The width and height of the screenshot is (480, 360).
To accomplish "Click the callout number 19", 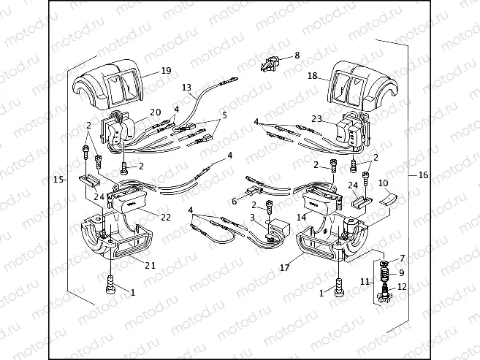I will (166, 71).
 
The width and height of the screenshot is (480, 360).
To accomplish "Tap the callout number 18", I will (312, 76).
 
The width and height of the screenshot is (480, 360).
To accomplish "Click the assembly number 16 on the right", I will (423, 175).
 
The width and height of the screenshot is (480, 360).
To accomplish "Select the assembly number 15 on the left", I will (57, 179).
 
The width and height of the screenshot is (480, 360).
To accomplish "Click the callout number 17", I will (284, 267).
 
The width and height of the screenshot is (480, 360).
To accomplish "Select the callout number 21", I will (149, 264).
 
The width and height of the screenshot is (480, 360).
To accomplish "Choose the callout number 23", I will (316, 118).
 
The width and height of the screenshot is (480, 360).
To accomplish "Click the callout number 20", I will (155, 112).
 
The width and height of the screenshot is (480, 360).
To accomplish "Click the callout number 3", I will (252, 218).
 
